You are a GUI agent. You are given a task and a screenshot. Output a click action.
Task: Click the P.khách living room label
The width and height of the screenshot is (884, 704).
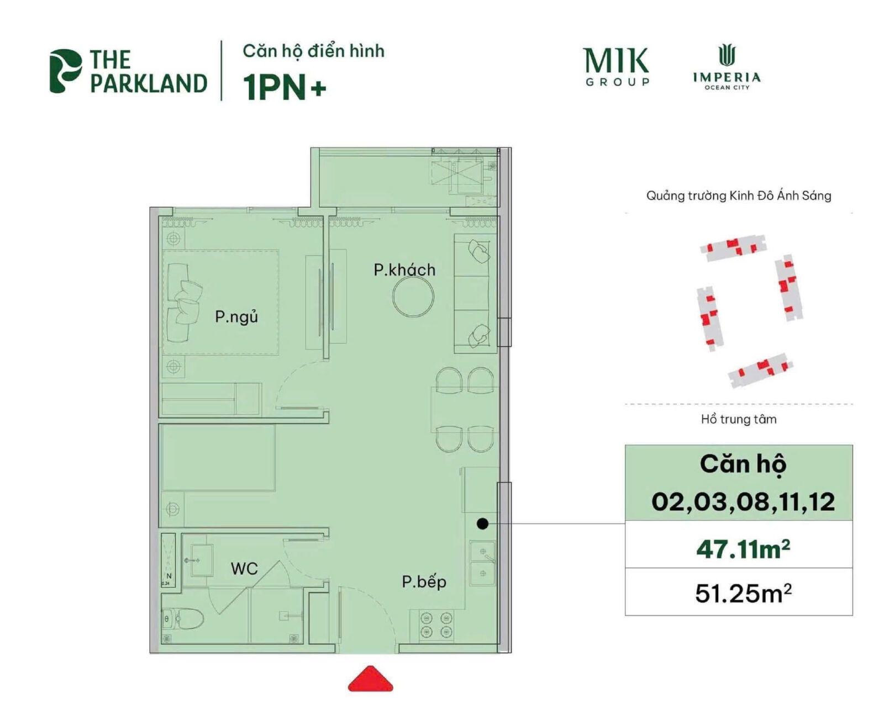pos(404,270)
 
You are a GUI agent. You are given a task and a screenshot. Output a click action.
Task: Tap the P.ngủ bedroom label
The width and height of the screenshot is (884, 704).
pos(236,317)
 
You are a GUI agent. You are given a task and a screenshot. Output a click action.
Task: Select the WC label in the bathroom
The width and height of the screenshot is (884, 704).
pos(244,568)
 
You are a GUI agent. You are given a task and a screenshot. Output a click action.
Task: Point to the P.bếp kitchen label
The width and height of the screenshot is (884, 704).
pos(424,581)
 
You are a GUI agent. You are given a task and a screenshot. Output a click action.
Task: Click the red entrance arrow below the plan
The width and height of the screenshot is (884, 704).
pos(370,680)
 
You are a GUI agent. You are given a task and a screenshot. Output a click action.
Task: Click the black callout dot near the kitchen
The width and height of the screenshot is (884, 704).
pos(482,523)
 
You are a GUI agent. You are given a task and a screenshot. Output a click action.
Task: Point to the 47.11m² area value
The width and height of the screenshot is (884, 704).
pos(743,548)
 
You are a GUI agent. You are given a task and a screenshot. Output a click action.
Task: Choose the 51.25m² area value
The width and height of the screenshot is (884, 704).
pos(743,594)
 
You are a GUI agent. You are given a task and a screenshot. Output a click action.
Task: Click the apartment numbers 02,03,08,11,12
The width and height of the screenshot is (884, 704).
pos(743,501)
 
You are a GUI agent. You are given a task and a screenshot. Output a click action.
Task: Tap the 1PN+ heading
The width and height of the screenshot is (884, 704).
pos(285,87)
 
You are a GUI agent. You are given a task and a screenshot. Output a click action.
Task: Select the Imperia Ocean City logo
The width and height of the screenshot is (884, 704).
pos(727,67)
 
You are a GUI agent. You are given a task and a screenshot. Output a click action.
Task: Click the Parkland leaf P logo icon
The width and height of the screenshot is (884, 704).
pos(65,71)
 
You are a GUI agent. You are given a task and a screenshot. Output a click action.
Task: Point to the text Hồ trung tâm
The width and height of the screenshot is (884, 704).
pos(739,419)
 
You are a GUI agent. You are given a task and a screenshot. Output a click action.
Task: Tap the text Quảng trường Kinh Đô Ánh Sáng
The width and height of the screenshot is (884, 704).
pos(739,195)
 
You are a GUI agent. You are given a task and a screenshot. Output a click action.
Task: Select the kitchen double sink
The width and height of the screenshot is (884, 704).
pos(482,563)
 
